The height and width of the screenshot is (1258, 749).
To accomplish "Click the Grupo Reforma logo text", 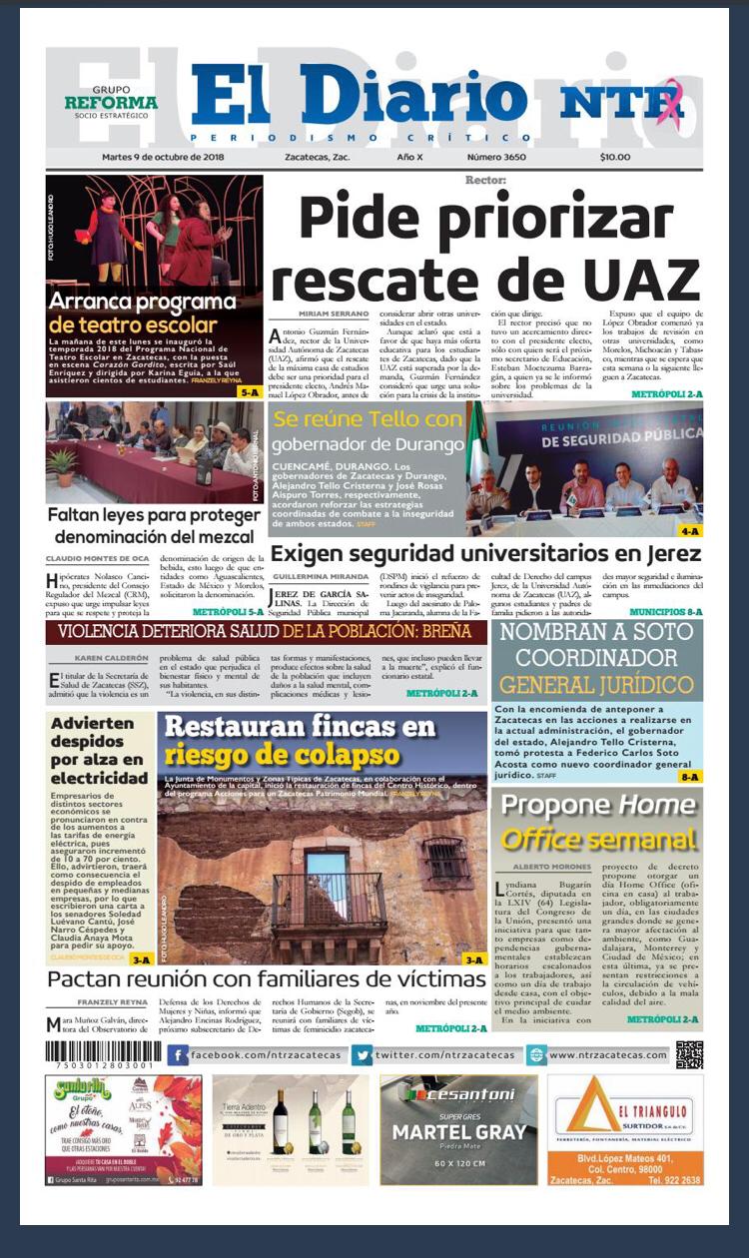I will coord(111,102).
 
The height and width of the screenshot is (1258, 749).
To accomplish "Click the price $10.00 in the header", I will coord(615,157).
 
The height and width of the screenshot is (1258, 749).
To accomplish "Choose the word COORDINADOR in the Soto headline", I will coord(596,658).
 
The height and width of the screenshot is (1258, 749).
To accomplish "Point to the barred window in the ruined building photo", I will coord(444,861).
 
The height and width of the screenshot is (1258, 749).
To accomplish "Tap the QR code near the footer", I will coord(689,1054).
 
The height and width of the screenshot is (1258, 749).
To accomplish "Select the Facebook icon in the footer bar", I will coord(179,1055).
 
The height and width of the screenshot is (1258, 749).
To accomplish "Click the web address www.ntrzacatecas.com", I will coord(607,1055).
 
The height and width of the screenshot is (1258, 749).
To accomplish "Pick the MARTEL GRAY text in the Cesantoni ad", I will coord(458,1132).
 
